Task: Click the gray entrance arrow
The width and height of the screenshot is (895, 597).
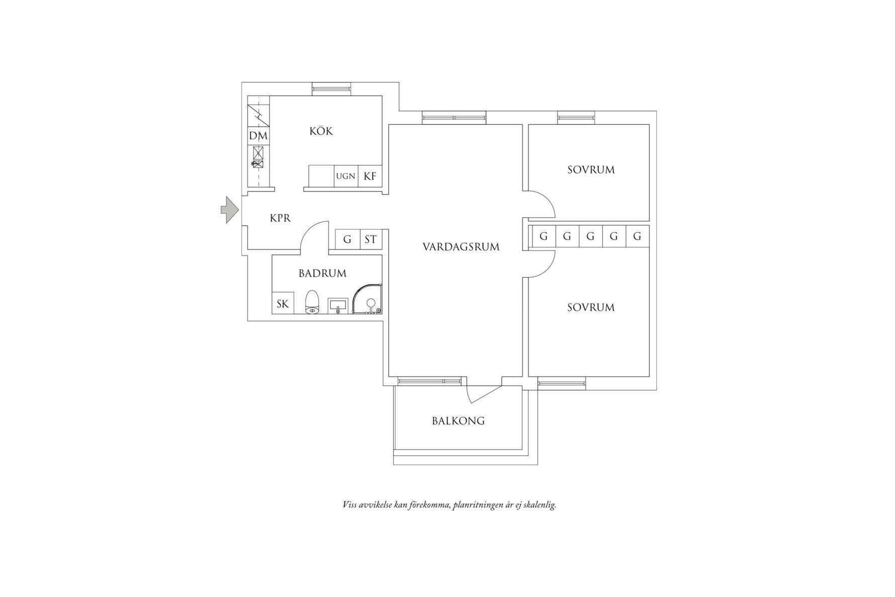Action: point(229,210)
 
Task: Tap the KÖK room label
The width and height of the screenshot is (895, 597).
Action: point(321,131)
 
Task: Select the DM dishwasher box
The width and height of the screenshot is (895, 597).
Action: point(258,136)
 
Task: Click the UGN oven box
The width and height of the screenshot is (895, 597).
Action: point(346,176)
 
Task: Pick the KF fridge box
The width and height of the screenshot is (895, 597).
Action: point(370,176)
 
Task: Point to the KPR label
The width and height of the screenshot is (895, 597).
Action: point(280,218)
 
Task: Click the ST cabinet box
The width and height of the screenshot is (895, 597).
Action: point(371,239)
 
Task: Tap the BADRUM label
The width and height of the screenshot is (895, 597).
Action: point(322,274)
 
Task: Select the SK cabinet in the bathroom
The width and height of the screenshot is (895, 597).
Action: point(283,303)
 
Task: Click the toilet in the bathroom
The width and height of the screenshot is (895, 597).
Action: point(312,302)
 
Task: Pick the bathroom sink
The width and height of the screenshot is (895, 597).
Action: point(338,305)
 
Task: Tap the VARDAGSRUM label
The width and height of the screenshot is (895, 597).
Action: point(461,247)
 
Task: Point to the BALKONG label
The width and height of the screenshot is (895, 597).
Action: point(459,421)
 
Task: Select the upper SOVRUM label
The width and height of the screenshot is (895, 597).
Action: point(591,169)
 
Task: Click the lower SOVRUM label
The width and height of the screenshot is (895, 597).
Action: point(591,307)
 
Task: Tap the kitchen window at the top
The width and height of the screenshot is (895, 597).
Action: point(331,89)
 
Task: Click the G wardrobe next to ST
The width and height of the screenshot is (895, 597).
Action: point(347,239)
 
